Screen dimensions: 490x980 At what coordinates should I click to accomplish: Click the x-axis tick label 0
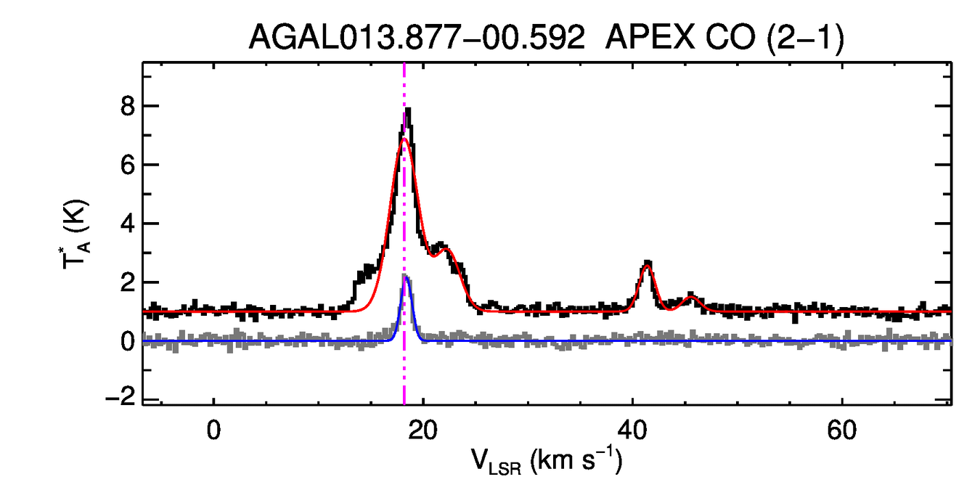pyautogui.click(x=213, y=430)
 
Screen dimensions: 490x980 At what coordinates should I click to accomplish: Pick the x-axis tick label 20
pyautogui.click(x=423, y=430)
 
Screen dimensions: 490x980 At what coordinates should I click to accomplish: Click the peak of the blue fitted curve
pyautogui.click(x=407, y=277)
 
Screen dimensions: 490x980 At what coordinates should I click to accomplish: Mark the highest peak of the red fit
pyautogui.click(x=404, y=139)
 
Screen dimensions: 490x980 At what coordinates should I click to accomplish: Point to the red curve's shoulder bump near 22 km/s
pyautogui.click(x=447, y=250)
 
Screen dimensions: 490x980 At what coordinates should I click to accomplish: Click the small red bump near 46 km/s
pyautogui.click(x=691, y=297)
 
